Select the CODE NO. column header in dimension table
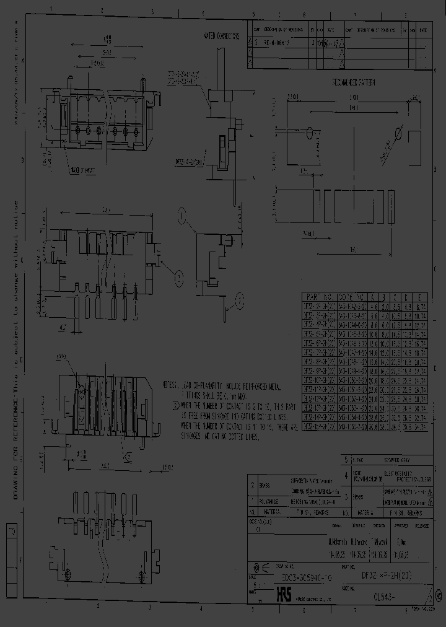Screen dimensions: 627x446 click(x=352, y=297)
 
